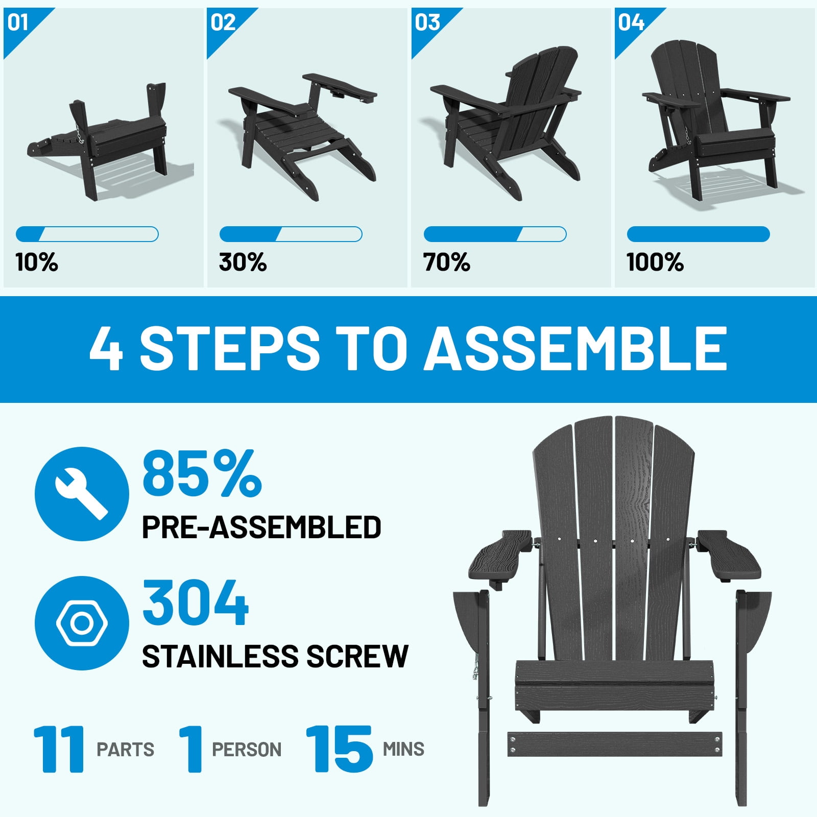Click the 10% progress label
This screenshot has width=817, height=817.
tap(37, 262)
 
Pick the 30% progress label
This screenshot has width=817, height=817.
tap(243, 262)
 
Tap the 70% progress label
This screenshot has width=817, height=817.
tap(446, 262)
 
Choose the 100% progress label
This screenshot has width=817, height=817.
tap(655, 262)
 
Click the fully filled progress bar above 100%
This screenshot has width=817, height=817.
tap(698, 234)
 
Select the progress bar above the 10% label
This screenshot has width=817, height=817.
tap(87, 234)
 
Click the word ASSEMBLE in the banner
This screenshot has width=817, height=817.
tap(575, 349)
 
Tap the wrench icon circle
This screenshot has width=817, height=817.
tap(82, 494)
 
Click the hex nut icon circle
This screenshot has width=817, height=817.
tap(82, 623)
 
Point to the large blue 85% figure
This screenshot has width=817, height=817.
tap(202, 473)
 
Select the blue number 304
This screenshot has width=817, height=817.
tap(196, 603)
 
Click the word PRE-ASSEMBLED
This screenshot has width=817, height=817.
tap(261, 527)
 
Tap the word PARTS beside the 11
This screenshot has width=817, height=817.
tap(126, 750)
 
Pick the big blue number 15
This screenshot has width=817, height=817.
tap(340, 749)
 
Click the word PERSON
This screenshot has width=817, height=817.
tap(247, 750)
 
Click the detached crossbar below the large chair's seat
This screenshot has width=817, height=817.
tap(615, 744)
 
